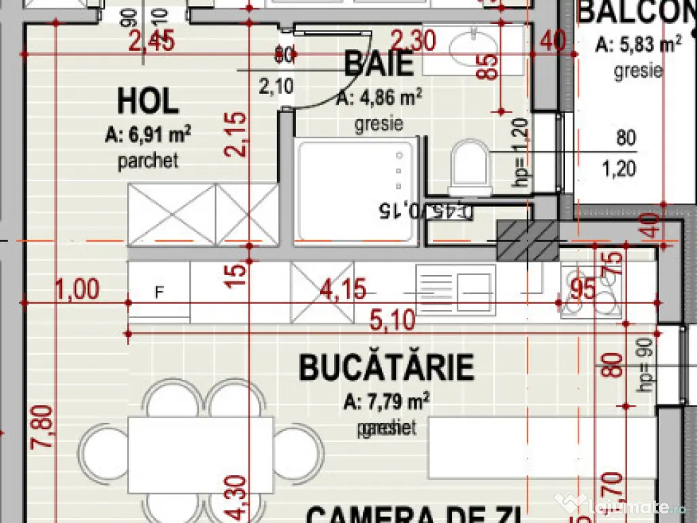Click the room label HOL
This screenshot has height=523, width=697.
tap(148, 101)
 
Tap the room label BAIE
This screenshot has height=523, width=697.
tap(379, 64)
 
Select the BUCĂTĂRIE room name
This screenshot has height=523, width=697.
tap(386, 368)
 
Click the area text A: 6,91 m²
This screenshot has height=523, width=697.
tap(148, 136)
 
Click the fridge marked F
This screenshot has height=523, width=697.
tap(159, 293)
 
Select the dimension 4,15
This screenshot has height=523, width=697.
tap(343, 290)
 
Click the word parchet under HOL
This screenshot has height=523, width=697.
tap(148, 161)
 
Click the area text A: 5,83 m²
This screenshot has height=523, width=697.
tap(638, 46)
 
